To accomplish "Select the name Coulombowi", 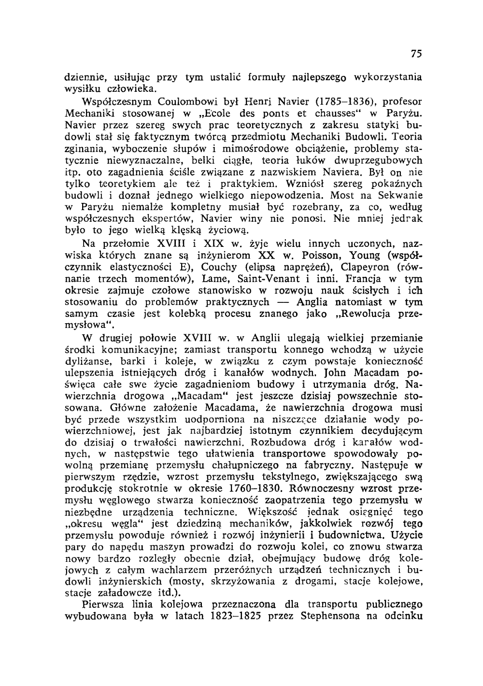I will tap(165, 102).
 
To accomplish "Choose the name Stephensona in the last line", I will tap(334, 617).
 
